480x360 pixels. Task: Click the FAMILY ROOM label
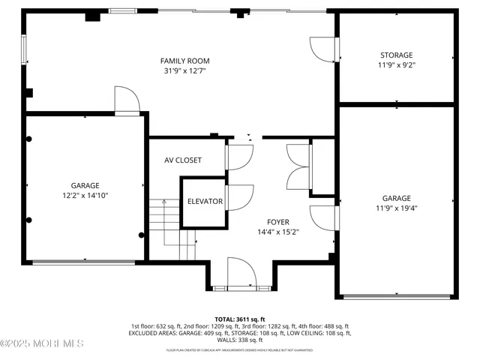[x=184, y=61]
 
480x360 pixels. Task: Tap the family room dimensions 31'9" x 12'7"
[x=184, y=71]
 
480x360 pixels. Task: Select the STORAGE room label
[x=396, y=55]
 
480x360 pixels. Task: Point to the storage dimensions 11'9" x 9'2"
[x=396, y=65]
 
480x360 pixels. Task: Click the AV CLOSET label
[x=183, y=160]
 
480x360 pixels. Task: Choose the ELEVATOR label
[x=205, y=202]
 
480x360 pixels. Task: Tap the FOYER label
[x=278, y=222]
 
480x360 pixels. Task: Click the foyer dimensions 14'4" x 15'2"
[x=278, y=232]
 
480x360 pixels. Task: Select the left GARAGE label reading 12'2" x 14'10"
[x=85, y=185]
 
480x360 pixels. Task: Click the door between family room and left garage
[x=124, y=99]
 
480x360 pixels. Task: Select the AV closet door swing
[x=238, y=157]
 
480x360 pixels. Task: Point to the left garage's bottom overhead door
[x=83, y=262]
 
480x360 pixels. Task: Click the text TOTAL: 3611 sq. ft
[x=240, y=319]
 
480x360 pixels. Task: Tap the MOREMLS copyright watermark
[x=42, y=343]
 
